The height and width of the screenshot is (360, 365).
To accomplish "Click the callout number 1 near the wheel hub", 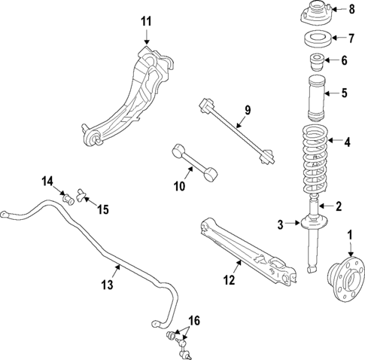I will click(349, 236).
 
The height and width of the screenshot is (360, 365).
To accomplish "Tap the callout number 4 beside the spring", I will click(347, 141).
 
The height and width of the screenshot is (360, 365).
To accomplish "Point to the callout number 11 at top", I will click(145, 21).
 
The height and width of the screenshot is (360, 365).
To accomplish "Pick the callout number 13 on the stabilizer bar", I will click(107, 284).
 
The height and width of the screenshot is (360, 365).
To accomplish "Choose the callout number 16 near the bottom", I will click(194, 322).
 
